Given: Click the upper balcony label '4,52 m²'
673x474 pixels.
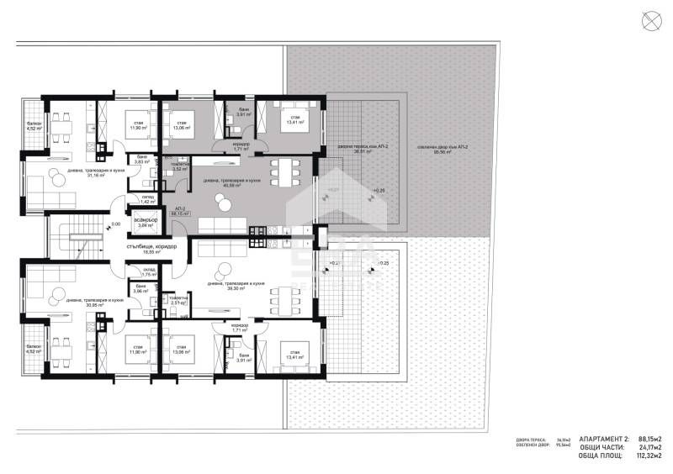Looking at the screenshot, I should click(x=34, y=128).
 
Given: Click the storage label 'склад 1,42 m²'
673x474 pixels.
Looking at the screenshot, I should click(x=146, y=200).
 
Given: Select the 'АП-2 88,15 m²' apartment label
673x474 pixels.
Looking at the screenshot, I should click(x=178, y=212).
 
